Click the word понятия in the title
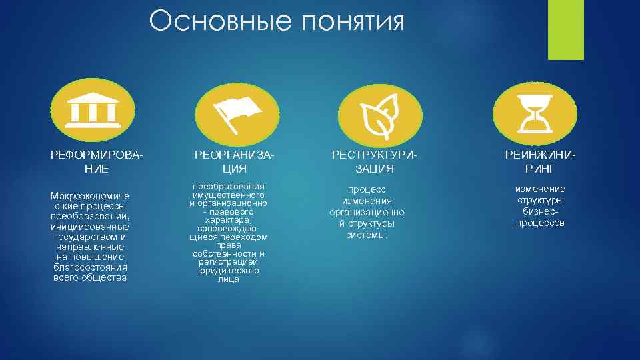(x=353, y=23)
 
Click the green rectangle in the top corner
(x=565, y=29)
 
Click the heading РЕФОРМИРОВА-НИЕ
(x=97, y=161)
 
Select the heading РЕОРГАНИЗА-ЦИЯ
(x=234, y=161)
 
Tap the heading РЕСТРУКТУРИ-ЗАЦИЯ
(x=375, y=161)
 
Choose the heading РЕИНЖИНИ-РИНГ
(x=541, y=161)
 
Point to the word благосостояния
(x=91, y=267)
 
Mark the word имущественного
(x=228, y=195)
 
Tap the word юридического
(x=228, y=271)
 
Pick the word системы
(x=366, y=235)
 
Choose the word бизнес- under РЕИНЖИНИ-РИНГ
(x=541, y=211)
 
